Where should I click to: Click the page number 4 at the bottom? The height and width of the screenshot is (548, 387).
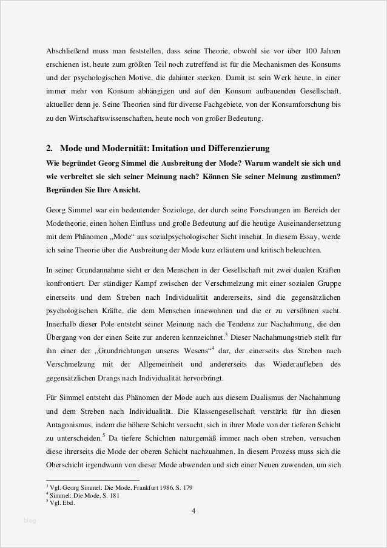click(193, 510)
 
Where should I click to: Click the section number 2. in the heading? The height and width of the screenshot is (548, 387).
click(50, 148)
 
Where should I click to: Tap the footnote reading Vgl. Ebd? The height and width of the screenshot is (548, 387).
click(62, 502)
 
